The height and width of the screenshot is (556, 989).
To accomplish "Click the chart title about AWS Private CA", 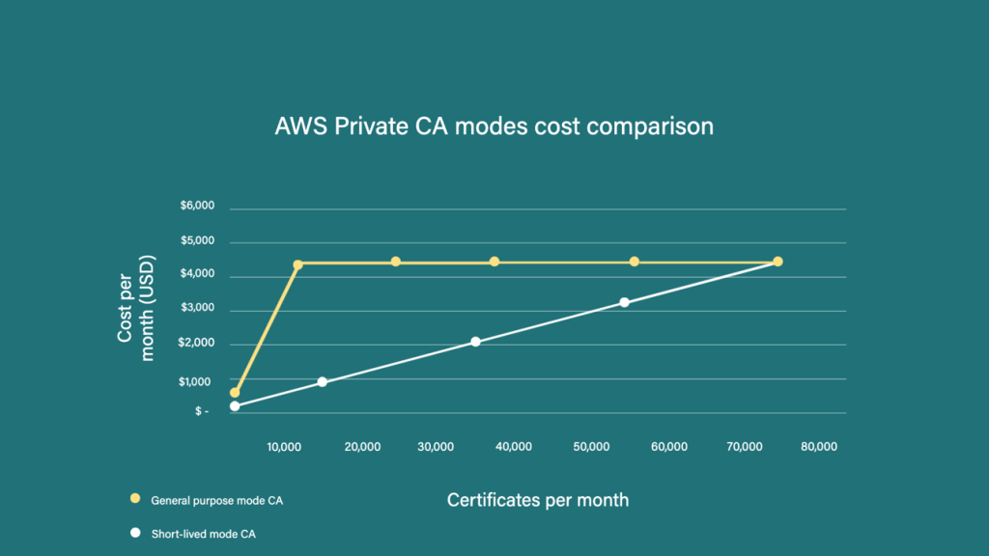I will click(x=494, y=126).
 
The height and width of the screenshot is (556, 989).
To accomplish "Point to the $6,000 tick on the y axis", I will click(x=197, y=207).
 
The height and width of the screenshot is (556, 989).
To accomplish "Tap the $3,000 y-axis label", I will click(x=197, y=311).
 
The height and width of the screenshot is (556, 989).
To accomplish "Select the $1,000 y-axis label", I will click(x=197, y=381).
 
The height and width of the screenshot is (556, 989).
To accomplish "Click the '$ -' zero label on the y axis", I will click(x=201, y=412).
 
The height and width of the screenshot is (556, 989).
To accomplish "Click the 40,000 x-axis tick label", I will click(x=513, y=447).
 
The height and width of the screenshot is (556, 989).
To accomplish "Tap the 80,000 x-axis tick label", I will click(x=818, y=447).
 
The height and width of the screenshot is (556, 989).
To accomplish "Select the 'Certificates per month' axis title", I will click(x=538, y=500).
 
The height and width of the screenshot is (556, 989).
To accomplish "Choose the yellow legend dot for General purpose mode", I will click(x=135, y=500).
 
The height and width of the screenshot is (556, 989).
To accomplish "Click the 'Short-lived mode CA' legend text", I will click(x=204, y=533).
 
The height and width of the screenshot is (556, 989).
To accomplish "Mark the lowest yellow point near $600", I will click(x=235, y=393).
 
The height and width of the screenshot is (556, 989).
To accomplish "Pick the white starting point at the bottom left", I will click(x=235, y=406).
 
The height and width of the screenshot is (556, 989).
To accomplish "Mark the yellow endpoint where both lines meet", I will click(x=777, y=262).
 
